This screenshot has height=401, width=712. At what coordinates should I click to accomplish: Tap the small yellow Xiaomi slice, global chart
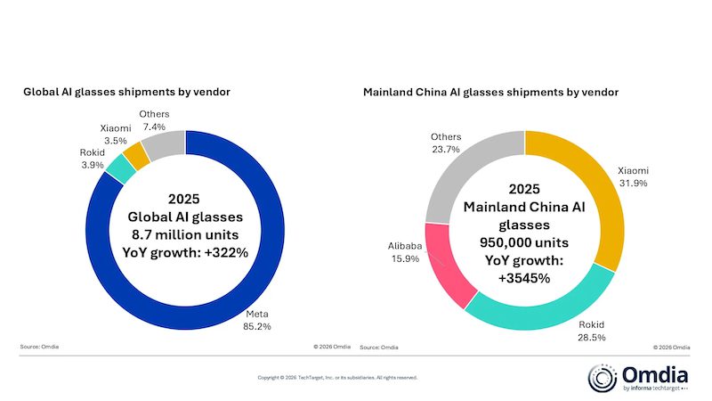(138, 153)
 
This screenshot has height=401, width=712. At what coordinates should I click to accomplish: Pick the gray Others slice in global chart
(163, 143)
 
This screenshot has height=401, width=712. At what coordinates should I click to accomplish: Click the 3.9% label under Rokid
(93, 166)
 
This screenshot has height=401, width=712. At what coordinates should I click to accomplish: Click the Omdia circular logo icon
(603, 375)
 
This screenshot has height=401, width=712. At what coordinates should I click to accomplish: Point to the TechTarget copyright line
(337, 378)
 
